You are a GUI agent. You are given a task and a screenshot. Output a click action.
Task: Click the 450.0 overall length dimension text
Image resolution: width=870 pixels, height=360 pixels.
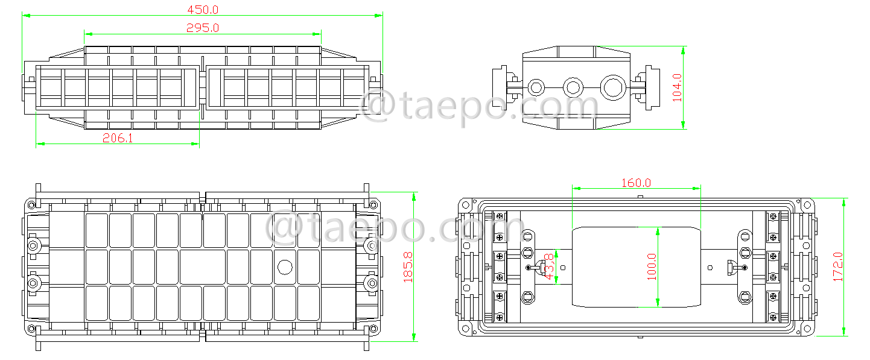pos(203,10)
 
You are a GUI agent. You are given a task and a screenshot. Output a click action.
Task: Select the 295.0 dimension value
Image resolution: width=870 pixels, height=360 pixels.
pos(203,28)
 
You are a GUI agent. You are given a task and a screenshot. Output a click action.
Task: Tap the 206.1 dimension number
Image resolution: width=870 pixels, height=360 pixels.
pos(118,138)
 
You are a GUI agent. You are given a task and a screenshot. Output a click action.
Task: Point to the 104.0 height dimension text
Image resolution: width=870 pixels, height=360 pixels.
pos(677,87)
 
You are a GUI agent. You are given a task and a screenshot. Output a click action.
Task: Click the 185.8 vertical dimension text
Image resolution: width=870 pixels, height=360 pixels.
pos(408,267)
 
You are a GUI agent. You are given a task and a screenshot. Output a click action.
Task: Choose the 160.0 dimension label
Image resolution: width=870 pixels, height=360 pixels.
pos(636,183)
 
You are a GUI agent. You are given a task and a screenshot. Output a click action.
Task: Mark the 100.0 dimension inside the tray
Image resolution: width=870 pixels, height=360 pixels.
pos(650,267)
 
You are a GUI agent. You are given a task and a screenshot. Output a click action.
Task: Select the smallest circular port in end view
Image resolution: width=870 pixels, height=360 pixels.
pos(535,87)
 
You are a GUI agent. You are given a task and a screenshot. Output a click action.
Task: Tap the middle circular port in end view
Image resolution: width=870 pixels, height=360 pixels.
pos(572,87)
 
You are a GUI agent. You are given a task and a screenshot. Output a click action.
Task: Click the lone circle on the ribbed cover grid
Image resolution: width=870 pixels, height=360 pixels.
pos(284,267)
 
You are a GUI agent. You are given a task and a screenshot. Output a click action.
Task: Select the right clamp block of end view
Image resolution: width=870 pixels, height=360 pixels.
pos(652,88)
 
